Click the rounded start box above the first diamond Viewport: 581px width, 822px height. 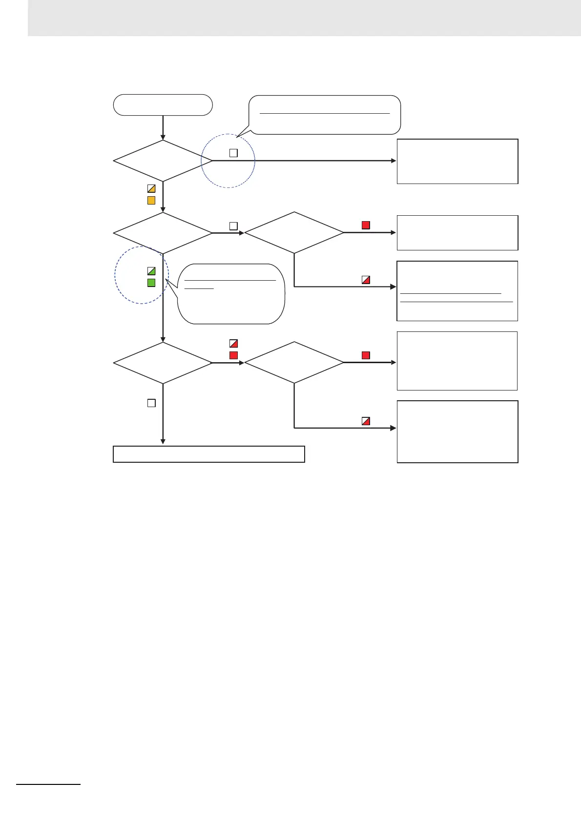[x=163, y=105]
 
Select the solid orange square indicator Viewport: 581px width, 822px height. [x=151, y=201]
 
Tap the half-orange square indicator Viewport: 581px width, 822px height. [x=151, y=189]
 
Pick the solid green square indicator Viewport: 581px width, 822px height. [x=151, y=283]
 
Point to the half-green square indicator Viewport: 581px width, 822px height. [x=151, y=271]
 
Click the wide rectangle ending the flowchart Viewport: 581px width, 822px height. [x=209, y=454]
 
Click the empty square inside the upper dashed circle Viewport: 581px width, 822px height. [x=233, y=153]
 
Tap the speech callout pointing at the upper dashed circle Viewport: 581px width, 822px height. [x=325, y=115]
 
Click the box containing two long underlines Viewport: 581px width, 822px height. [x=457, y=291]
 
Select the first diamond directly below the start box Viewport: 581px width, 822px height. [x=163, y=161]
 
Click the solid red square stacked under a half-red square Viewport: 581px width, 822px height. [x=233, y=355]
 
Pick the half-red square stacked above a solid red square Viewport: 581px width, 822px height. [x=233, y=344]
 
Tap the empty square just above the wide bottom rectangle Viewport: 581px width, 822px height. [x=151, y=403]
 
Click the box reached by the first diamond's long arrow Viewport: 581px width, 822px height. [x=457, y=162]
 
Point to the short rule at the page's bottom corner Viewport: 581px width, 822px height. [x=48, y=784]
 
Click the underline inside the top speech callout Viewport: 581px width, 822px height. [x=325, y=113]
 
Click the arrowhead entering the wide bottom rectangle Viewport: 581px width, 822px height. [x=163, y=442]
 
